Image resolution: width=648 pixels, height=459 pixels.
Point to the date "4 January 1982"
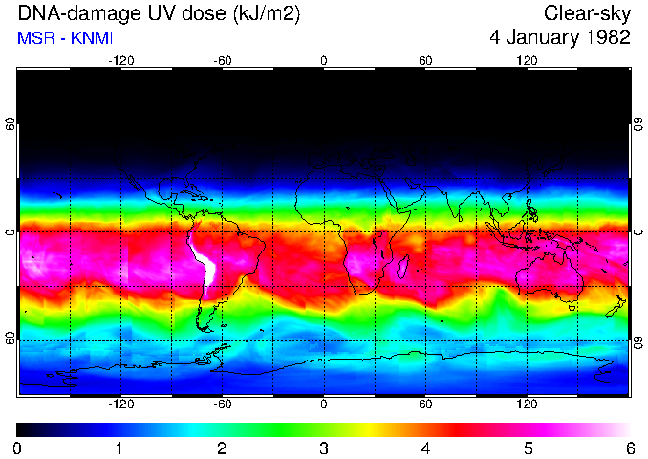pos(559,38)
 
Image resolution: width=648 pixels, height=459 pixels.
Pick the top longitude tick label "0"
pos(324,60)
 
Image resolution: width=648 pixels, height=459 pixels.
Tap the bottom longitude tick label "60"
pos(425,404)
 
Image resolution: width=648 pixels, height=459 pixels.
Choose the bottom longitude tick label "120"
pos(527,404)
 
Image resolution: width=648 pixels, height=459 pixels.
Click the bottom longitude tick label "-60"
pos(223,404)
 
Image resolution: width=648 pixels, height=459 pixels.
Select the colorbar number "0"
pos(18,448)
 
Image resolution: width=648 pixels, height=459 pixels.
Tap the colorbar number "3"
pos(324,448)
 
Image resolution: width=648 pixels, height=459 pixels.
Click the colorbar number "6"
pos(629,448)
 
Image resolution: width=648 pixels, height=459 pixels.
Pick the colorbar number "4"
pos(425,448)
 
